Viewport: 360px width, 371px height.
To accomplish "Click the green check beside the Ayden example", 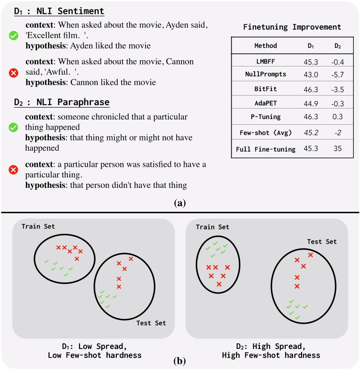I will coord(14,35).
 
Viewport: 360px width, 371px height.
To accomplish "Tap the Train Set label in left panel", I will coord(39,225).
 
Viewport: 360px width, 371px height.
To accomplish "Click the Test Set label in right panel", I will coord(321,241).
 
